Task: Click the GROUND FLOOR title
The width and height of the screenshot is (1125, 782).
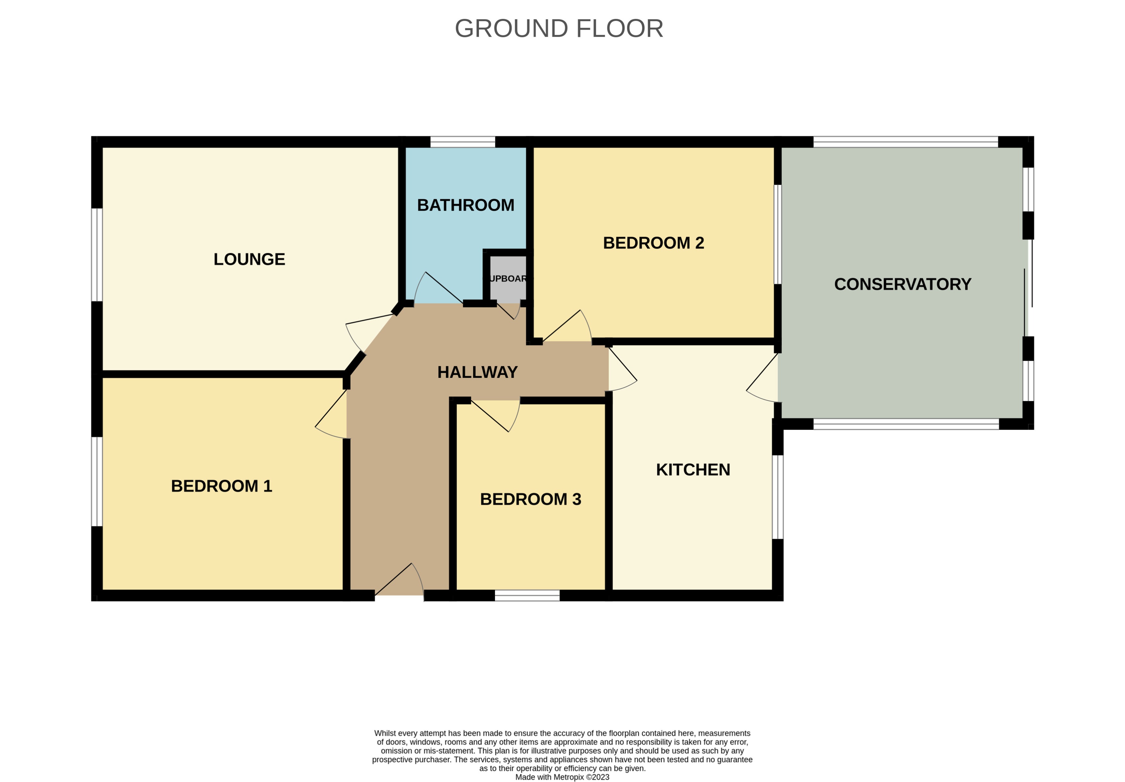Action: [x=559, y=28]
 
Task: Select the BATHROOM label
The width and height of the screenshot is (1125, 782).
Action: [x=465, y=205]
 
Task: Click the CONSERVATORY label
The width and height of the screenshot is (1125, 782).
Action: [x=903, y=284]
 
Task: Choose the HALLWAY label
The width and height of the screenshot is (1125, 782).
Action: [x=477, y=372]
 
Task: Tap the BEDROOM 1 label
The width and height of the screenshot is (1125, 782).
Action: [x=221, y=486]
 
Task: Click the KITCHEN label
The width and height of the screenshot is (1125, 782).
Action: [x=693, y=470]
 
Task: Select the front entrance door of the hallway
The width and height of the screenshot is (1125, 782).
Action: [x=399, y=583]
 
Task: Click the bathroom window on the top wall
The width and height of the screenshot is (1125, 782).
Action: [x=463, y=142]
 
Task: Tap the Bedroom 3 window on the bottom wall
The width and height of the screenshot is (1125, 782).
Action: [x=527, y=595]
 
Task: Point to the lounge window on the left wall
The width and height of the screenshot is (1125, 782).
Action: [x=97, y=255]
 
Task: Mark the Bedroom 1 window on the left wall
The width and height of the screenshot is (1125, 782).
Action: [x=97, y=481]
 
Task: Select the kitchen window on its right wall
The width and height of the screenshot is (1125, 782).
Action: [x=778, y=497]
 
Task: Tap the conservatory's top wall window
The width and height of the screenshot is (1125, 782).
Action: [x=905, y=142]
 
